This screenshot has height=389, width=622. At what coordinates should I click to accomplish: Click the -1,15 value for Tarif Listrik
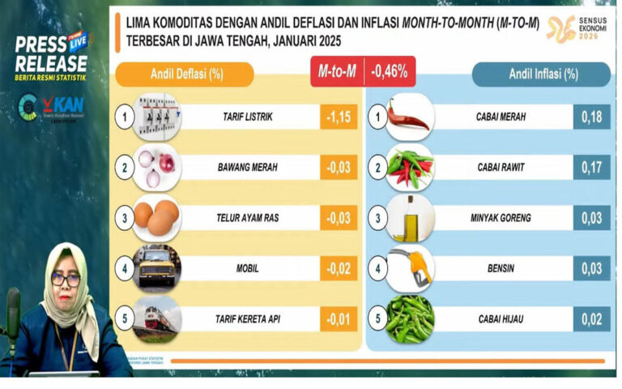click(339, 117)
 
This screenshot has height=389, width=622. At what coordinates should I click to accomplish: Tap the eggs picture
click(156, 217)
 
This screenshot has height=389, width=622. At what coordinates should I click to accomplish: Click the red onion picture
click(155, 168)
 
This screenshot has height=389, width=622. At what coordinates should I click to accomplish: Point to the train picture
click(157, 318)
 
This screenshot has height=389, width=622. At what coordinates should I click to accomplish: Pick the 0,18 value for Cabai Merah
click(592, 117)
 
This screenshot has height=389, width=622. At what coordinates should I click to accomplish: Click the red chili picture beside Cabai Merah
click(409, 118)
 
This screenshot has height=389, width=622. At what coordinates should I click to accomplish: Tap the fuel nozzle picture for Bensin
click(410, 268)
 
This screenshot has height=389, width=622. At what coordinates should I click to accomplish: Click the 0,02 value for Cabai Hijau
click(592, 318)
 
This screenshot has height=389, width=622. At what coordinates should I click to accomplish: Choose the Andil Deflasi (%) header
click(185, 75)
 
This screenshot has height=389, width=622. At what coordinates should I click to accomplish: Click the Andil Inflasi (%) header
click(542, 75)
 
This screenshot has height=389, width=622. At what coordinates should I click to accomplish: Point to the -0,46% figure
click(389, 72)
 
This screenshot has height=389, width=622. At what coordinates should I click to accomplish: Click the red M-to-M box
click(336, 72)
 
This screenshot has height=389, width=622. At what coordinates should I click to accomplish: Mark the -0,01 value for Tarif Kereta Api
click(339, 318)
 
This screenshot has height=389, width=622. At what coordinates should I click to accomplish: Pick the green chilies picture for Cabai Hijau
click(410, 318)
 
